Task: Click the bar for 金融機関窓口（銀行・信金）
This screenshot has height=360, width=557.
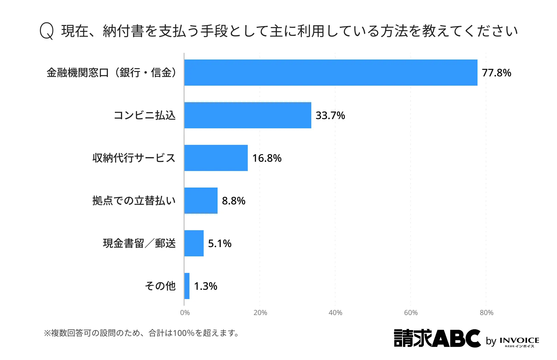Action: (x=331, y=73)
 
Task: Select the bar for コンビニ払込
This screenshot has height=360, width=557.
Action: (x=248, y=115)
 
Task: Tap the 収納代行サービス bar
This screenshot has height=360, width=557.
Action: (x=216, y=158)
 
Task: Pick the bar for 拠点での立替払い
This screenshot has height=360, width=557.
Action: (x=201, y=201)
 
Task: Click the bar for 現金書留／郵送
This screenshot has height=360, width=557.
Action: (x=194, y=243)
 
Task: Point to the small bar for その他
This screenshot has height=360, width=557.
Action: (x=187, y=286)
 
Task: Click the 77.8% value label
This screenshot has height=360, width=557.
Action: (x=496, y=73)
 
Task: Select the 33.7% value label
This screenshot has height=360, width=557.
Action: (x=330, y=115)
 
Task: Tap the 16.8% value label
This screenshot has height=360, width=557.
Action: (x=267, y=158)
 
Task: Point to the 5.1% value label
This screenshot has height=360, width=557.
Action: (x=220, y=243)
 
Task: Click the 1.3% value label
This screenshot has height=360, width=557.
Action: (x=205, y=286)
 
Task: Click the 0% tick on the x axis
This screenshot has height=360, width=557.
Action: (x=185, y=313)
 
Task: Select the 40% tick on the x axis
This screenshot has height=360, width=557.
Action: (x=335, y=313)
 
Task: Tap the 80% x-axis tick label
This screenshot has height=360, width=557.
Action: (x=487, y=313)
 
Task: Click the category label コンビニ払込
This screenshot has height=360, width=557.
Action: (x=144, y=115)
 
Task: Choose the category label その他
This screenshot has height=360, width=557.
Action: (x=160, y=286)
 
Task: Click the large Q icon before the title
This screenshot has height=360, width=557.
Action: (x=46, y=31)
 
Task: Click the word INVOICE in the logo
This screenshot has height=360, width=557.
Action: (x=519, y=340)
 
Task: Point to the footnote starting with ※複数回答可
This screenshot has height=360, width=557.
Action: (x=141, y=333)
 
